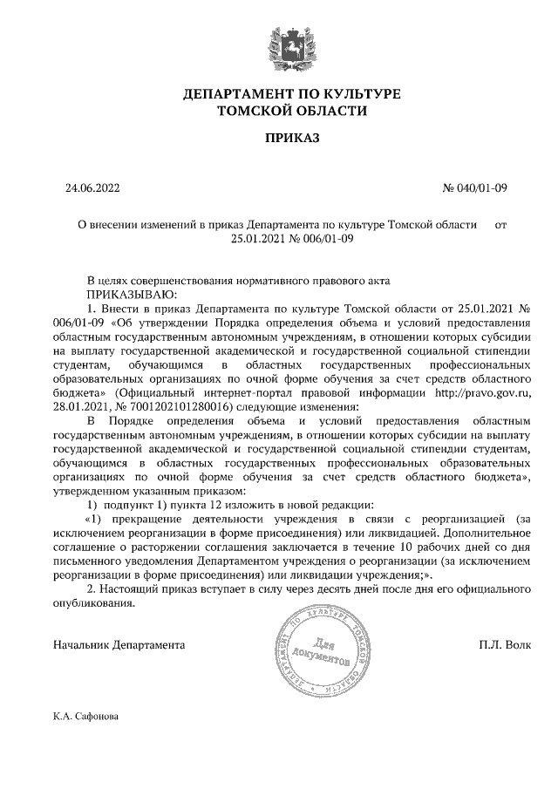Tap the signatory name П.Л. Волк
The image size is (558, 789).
pyautogui.click(x=504, y=645)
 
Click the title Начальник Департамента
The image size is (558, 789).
pyautogui.click(x=119, y=645)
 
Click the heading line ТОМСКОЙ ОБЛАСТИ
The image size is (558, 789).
pyautogui.click(x=279, y=111)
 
